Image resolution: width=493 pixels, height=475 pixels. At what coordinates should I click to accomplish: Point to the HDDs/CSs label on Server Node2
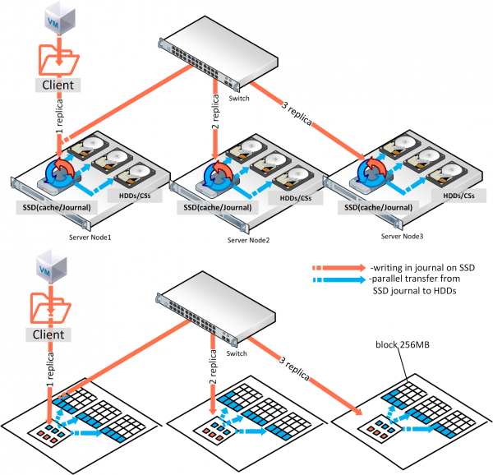(x=294, y=199)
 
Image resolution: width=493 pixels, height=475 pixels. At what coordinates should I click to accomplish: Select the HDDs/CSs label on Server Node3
(x=458, y=195)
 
